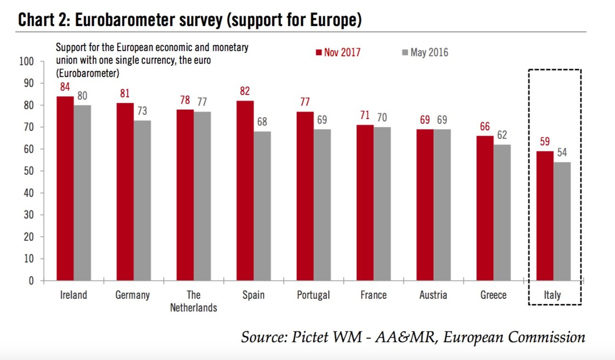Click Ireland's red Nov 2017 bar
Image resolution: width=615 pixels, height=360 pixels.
click(65, 188)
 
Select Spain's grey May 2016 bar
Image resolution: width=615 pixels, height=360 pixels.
click(262, 206)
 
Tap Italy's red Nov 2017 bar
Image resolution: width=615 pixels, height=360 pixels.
click(545, 216)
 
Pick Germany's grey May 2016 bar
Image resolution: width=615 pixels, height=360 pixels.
click(142, 200)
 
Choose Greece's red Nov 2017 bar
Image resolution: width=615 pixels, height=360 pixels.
click(485, 208)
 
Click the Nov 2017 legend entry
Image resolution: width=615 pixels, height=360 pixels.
click(338, 52)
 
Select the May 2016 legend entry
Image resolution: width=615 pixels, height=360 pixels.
click(424, 52)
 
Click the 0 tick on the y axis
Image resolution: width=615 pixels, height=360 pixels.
click(32, 281)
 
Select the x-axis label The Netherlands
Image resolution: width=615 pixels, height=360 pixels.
click(194, 301)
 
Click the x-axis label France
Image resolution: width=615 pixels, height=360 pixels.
click(373, 295)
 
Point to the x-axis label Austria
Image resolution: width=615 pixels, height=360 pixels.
click(433, 295)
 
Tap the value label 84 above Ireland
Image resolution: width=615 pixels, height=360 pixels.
click(65, 87)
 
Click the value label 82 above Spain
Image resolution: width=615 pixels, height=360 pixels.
click(244, 92)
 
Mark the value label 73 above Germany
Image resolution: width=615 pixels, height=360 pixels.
click(142, 111)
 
